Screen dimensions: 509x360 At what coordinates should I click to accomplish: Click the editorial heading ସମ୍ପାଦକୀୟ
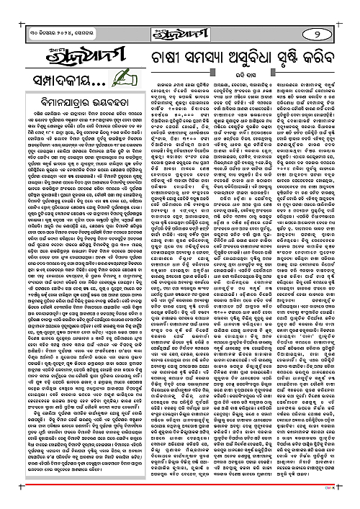click(x=42, y=75)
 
